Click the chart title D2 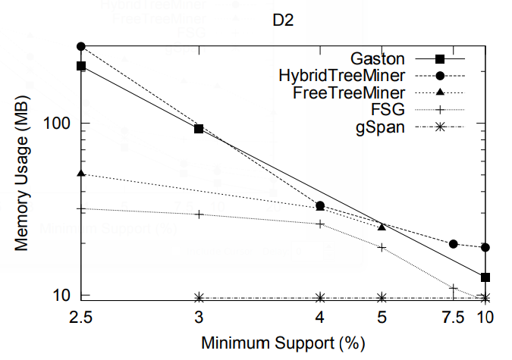click(284, 20)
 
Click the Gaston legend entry click(378, 58)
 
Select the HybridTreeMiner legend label click(341, 75)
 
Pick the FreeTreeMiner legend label click(348, 92)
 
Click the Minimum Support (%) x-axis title click(283, 343)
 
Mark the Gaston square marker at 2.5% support click(81, 66)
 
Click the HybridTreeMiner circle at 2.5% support click(81, 46)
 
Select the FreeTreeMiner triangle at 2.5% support click(81, 174)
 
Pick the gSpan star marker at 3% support click(199, 297)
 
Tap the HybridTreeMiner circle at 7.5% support click(453, 244)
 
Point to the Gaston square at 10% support click(485, 277)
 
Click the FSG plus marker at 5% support click(382, 247)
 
